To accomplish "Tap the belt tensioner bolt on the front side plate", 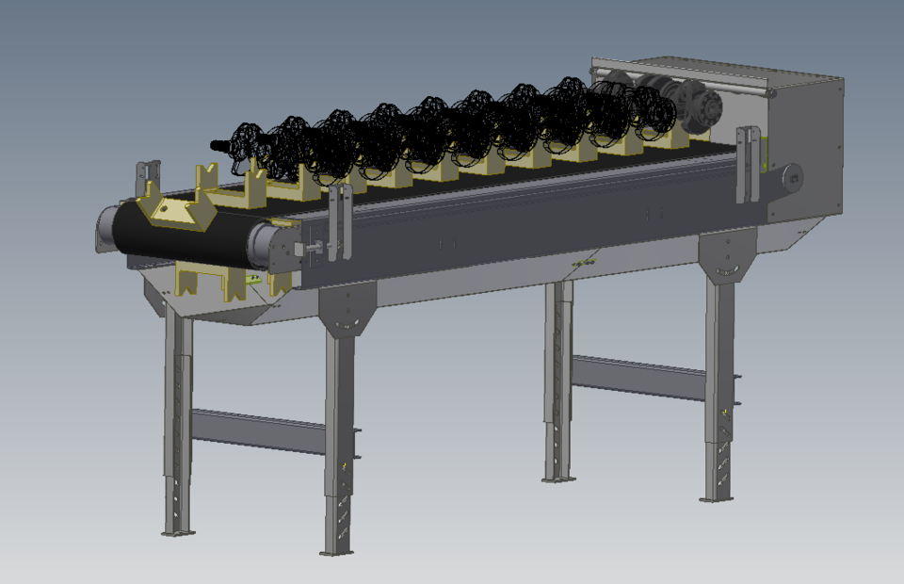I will (315, 249).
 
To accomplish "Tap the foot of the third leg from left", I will (557, 479).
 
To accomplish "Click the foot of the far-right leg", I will (718, 497).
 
